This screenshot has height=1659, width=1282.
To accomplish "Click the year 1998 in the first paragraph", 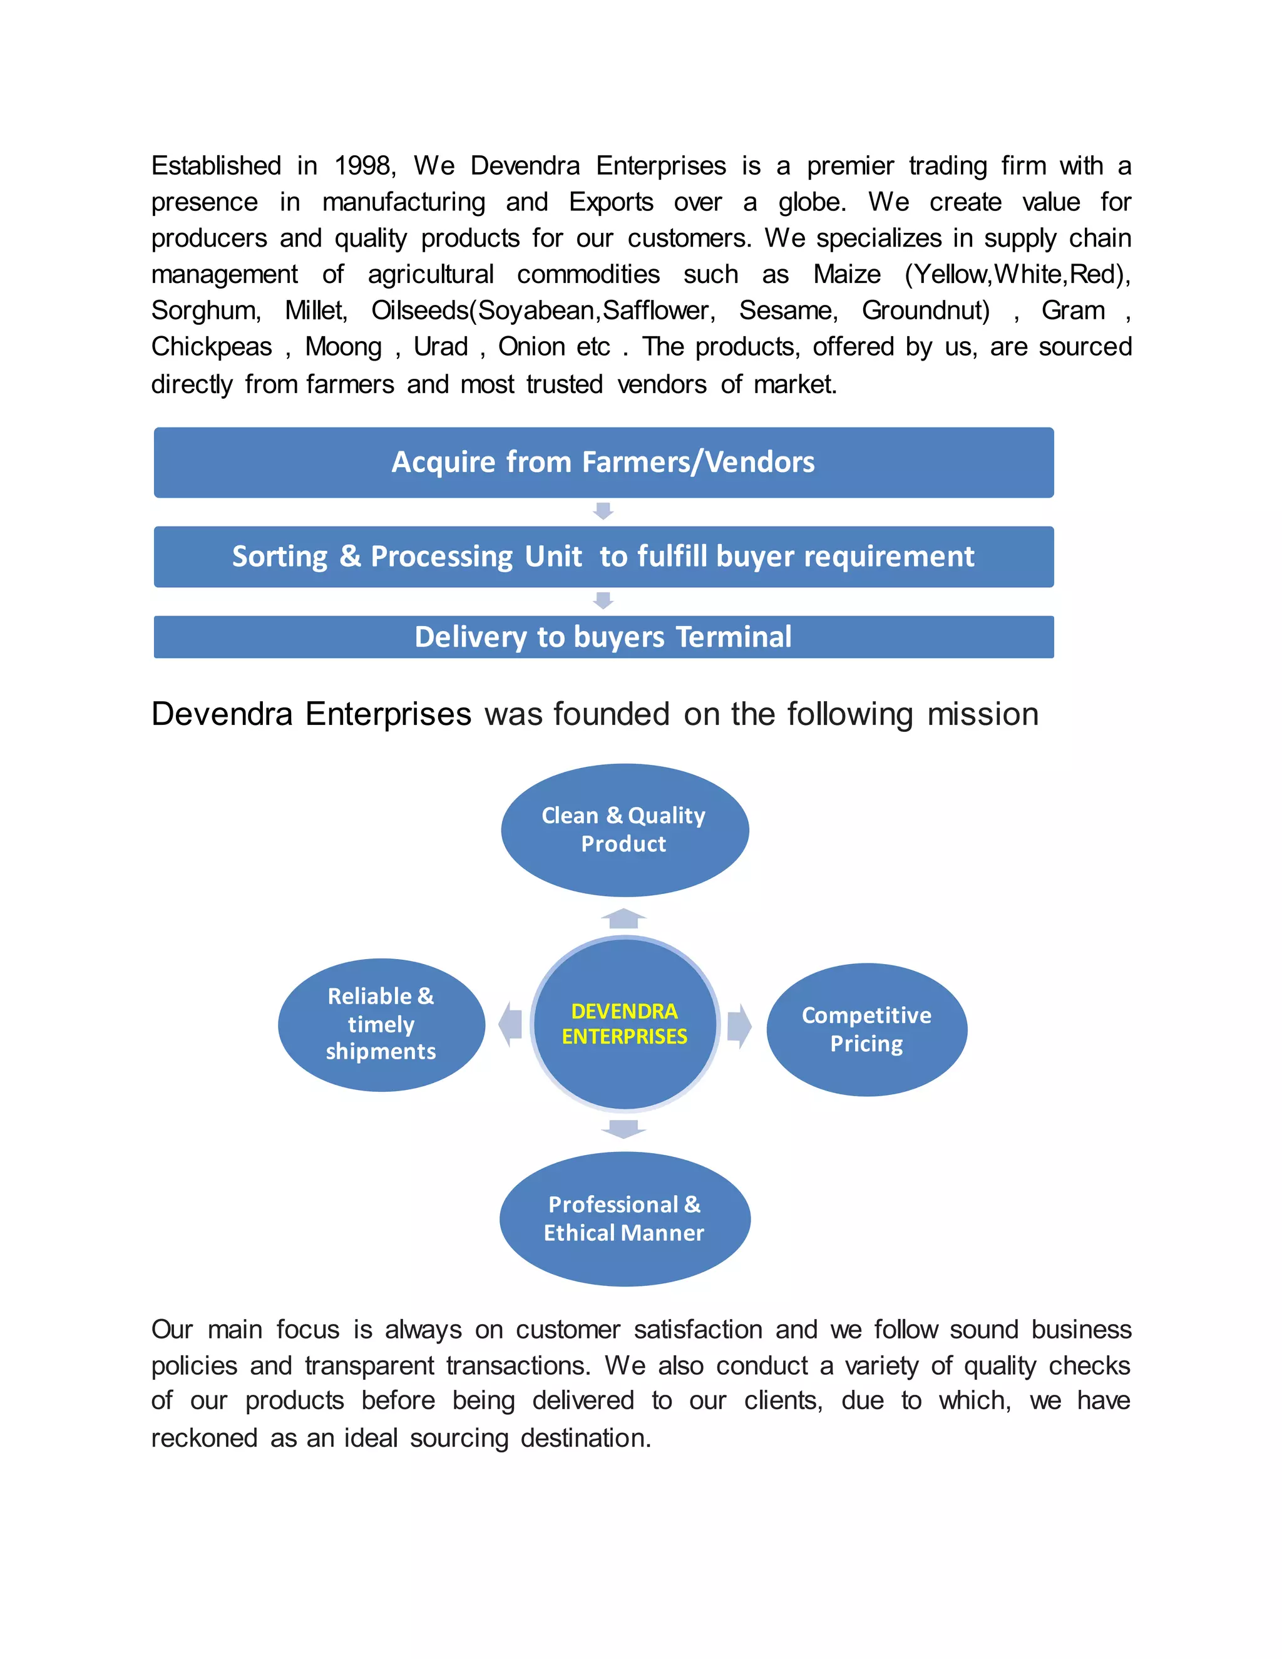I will click(364, 166).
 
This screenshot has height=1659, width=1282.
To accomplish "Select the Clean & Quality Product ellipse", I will click(624, 829).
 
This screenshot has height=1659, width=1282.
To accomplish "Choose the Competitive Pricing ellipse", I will click(866, 1029).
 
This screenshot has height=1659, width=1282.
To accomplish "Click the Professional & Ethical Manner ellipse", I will click(624, 1218).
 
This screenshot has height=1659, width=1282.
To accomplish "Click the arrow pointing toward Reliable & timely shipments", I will click(510, 1024).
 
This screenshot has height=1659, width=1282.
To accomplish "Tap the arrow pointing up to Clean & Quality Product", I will click(623, 918).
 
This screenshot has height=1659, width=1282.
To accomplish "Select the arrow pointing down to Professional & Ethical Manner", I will click(623, 1129).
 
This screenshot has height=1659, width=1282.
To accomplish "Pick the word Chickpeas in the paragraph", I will click(211, 347).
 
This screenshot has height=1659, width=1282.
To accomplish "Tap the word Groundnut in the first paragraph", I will click(925, 311).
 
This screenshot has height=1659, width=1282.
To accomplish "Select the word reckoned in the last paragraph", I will click(204, 1438).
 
